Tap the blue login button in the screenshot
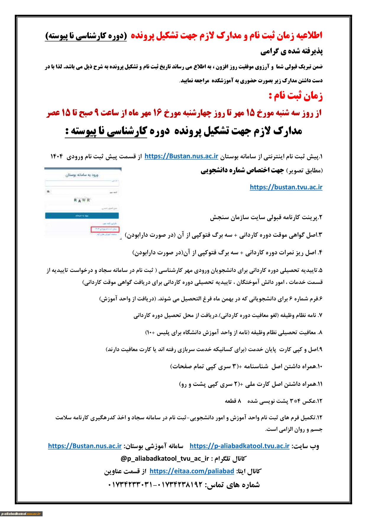pyautogui.click(x=82, y=216)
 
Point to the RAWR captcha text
pyautogui.click(x=82, y=200)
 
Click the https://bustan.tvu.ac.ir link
pyautogui.click(x=286, y=187)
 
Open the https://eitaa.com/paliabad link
pyautogui.click(x=192, y=471)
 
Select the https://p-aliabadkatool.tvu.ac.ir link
pyautogui.click(x=240, y=446)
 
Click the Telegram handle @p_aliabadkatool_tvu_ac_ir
pyautogui.click(x=165, y=459)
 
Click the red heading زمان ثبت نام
pyautogui.click(x=296, y=96)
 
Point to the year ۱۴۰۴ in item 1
pyautogui.click(x=57, y=156)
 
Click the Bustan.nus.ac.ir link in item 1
pyautogui.click(x=181, y=156)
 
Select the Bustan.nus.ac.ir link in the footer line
pyautogui.click(x=85, y=446)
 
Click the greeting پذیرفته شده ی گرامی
pyautogui.click(x=291, y=51)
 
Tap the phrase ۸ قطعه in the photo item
pyautogui.click(x=233, y=401)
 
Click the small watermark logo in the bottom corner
pyautogui.click(x=21, y=514)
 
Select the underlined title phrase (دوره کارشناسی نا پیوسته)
pyautogui.click(x=86, y=36)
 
